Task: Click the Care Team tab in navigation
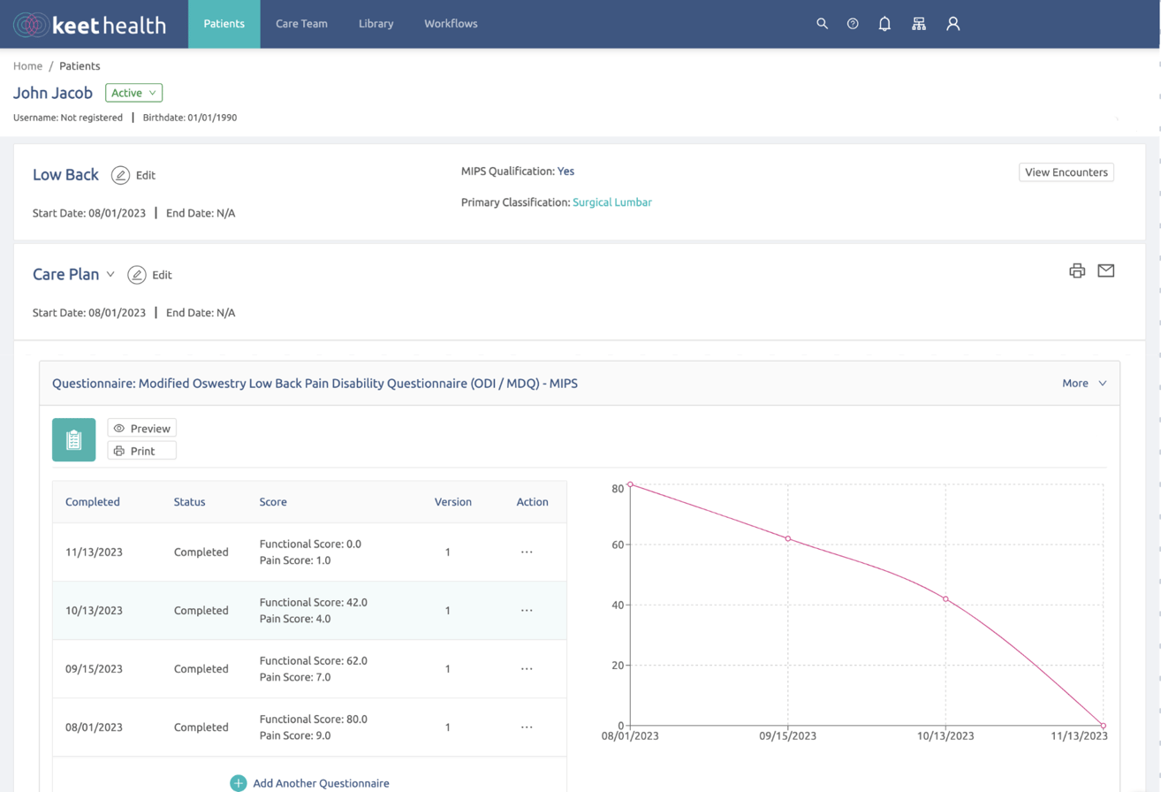coord(301,24)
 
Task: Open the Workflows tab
coord(451,24)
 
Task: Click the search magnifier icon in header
coord(822,24)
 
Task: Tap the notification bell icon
coord(884,24)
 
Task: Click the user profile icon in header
coord(952,24)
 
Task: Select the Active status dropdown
coord(133,93)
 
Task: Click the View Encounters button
coord(1066,172)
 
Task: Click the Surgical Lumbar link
coord(611,202)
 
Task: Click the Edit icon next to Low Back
coord(121,175)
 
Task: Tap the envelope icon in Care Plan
coord(1105,270)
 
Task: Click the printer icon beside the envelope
coord(1076,270)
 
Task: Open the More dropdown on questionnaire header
coord(1084,384)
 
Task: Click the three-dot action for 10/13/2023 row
coord(527,611)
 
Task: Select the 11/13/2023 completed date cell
coord(94,552)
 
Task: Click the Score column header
coord(273,502)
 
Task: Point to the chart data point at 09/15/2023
coord(787,539)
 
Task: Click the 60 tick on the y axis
coord(618,544)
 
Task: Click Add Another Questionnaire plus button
coord(238,783)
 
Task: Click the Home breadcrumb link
coord(27,66)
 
